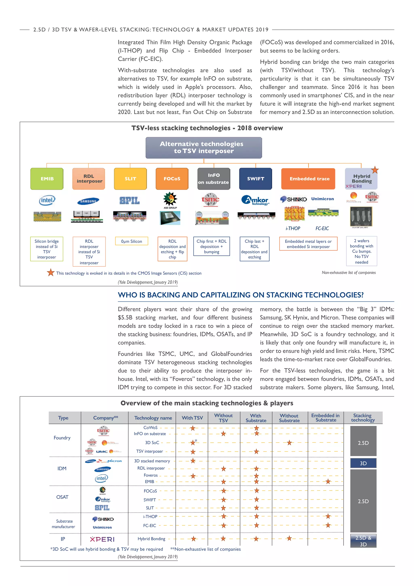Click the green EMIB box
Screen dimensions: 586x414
pyautogui.click(x=47, y=179)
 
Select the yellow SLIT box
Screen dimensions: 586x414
pyautogui.click(x=130, y=179)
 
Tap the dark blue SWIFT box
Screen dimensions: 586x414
pyautogui.click(x=256, y=179)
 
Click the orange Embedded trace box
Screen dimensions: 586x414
pyautogui.click(x=308, y=179)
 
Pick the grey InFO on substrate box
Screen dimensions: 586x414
pyautogui.click(x=214, y=179)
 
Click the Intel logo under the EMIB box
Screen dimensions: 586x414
pyautogui.click(x=47, y=200)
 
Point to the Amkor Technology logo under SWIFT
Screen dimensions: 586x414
pyautogui.click(x=255, y=200)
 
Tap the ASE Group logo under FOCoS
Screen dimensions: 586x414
pyautogui.click(x=170, y=200)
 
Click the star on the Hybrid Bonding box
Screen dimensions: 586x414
pyautogui.click(x=375, y=170)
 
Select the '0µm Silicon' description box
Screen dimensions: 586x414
pyautogui.click(x=132, y=241)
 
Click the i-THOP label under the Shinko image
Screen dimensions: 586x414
pyautogui.click(x=293, y=228)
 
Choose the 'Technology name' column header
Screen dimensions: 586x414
pyautogui.click(x=153, y=418)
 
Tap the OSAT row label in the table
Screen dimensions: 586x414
pyautogui.click(x=62, y=497)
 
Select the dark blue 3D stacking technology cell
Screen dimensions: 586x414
pyautogui.click(x=363, y=463)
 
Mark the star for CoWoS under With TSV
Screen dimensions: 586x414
pyautogui.click(x=193, y=428)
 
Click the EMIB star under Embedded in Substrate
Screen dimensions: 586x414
pyautogui.click(x=328, y=482)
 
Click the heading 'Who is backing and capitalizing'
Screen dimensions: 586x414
pyautogui.click(x=240, y=295)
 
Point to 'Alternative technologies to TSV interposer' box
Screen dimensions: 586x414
pyautogui.click(x=204, y=148)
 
